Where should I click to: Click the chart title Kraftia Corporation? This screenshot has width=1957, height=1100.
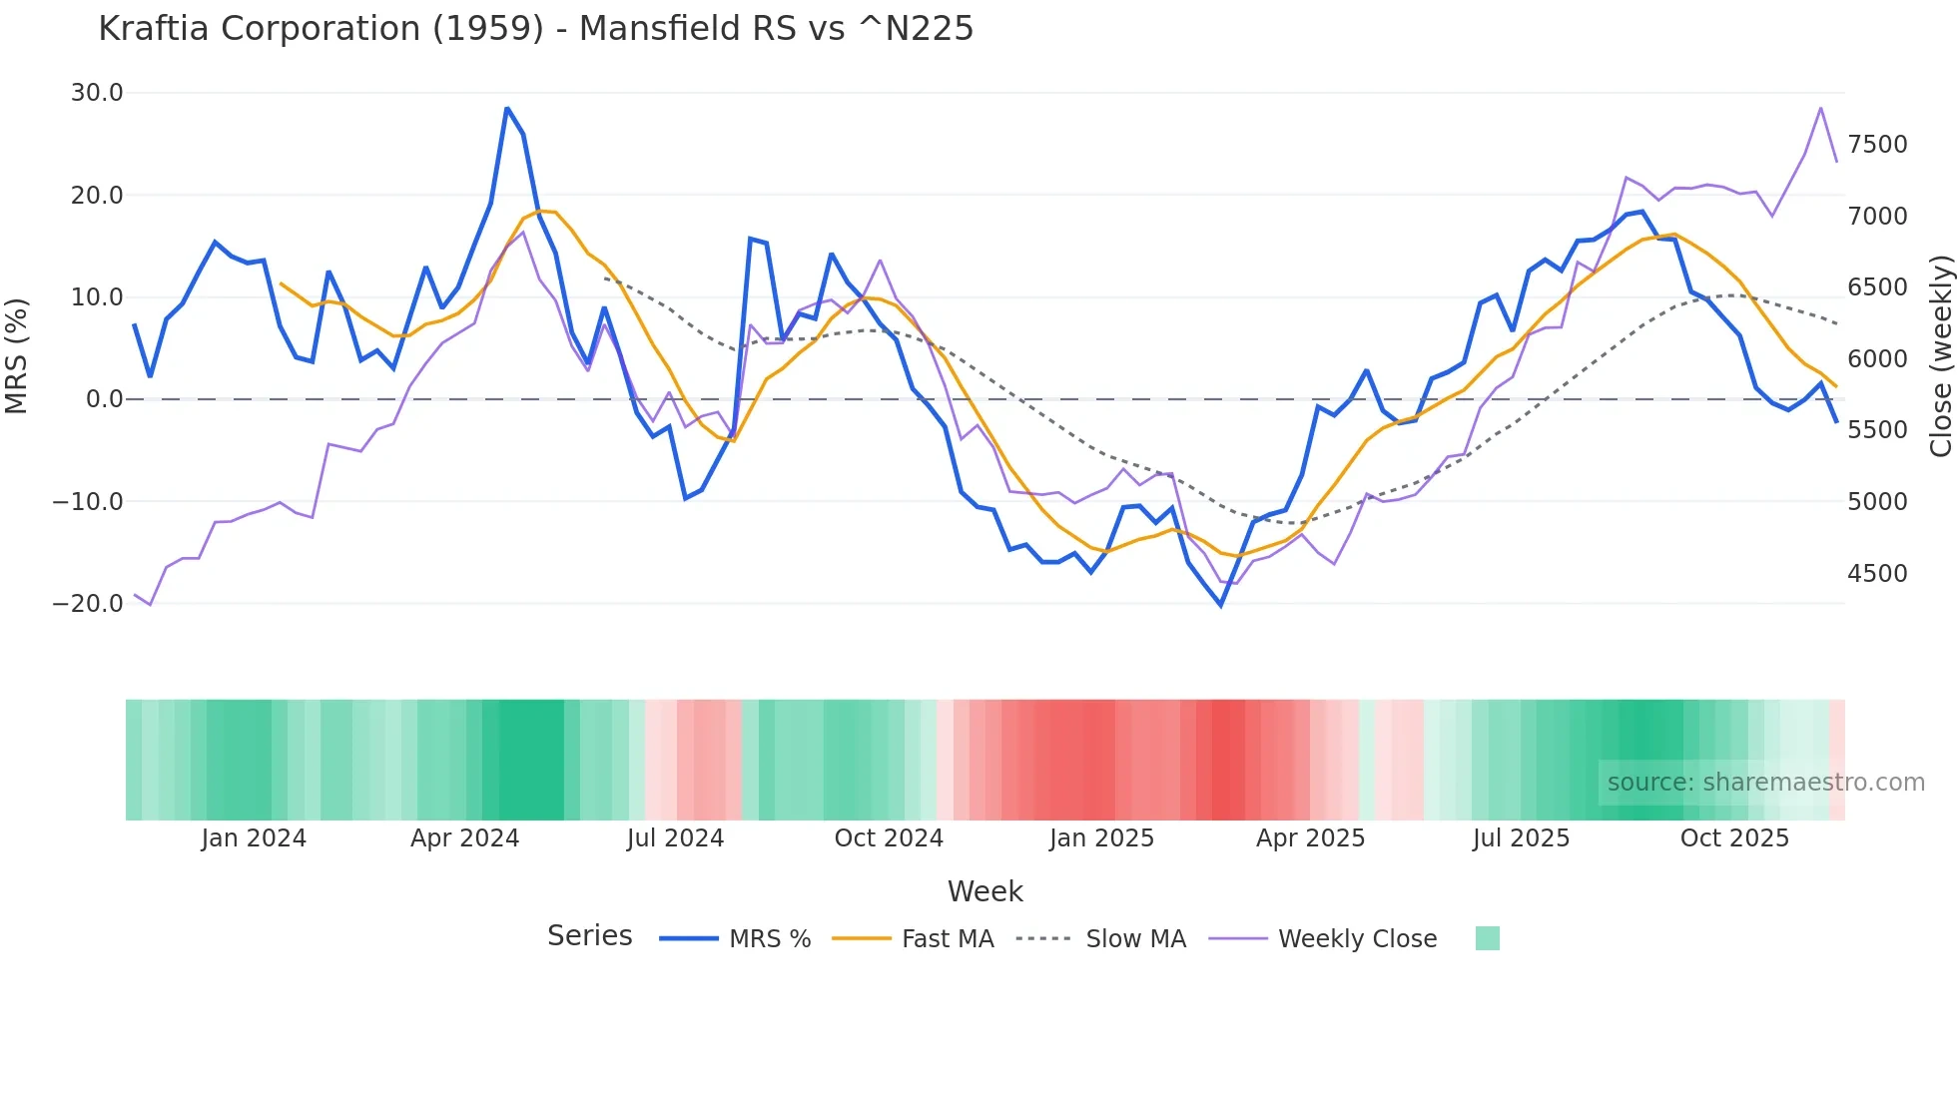pos(535,28)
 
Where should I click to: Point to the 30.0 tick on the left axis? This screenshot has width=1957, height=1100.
pos(97,93)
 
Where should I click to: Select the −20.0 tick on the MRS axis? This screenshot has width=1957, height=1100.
pos(88,603)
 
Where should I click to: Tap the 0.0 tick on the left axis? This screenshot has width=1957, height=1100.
pos(105,399)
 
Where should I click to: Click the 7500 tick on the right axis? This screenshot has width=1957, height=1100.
pos(1877,145)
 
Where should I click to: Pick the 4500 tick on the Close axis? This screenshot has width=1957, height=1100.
pos(1877,573)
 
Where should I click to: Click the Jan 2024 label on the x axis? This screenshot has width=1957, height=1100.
pos(254,838)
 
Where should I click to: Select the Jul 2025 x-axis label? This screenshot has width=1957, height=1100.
pos(1521,838)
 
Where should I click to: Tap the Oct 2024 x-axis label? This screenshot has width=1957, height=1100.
pos(889,838)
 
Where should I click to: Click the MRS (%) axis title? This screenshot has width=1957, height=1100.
pos(17,355)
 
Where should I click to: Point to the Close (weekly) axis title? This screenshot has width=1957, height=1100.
pos(1940,355)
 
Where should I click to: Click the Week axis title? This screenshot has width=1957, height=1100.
pos(984,891)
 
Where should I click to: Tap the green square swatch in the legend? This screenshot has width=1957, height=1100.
pos(1487,938)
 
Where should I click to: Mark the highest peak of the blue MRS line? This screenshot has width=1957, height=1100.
pos(507,108)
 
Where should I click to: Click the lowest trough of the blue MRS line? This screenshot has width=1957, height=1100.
pos(1220,605)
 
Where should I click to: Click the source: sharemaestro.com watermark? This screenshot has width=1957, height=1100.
pos(1765,783)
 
